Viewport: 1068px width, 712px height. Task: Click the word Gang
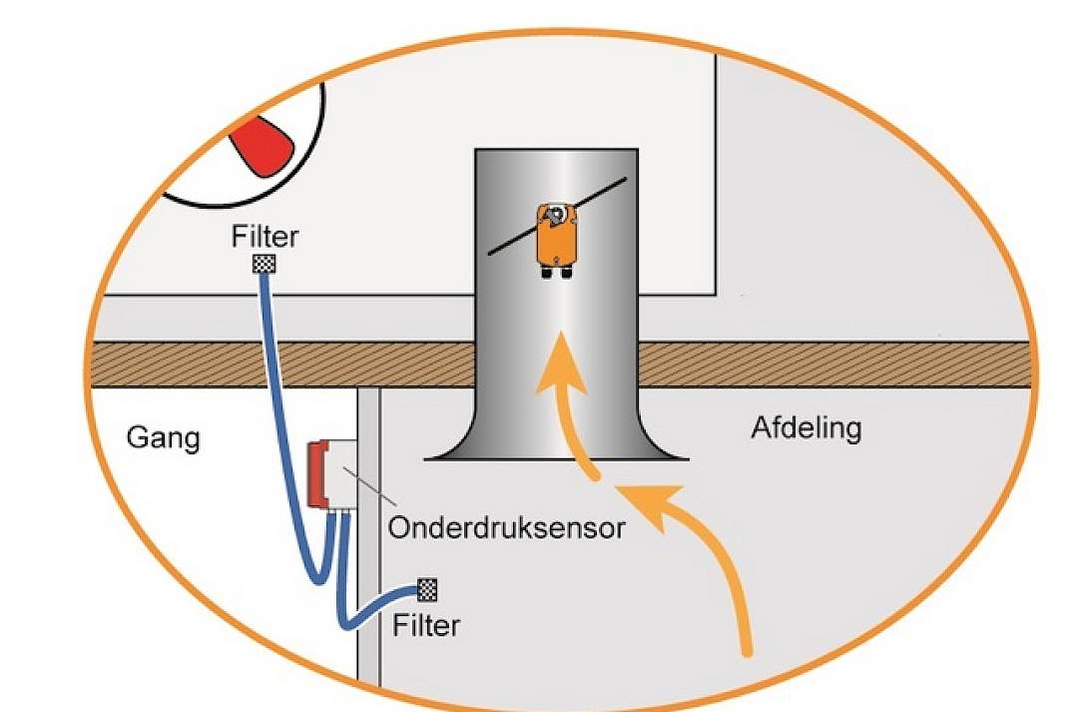click(x=164, y=438)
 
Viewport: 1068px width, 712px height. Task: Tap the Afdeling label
click(x=806, y=427)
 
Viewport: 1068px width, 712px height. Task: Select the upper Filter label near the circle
click(x=265, y=237)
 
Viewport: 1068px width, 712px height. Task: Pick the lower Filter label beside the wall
click(x=426, y=625)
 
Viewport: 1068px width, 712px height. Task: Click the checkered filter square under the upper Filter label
click(x=265, y=264)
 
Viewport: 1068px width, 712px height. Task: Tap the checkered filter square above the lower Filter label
click(x=427, y=589)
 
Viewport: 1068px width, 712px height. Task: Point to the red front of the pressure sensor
click(x=316, y=474)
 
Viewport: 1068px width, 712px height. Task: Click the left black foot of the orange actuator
click(x=548, y=273)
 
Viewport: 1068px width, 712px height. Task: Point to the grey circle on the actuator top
click(x=556, y=215)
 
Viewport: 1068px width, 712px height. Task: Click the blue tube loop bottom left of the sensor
click(x=318, y=576)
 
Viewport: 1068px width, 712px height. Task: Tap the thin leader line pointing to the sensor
click(x=370, y=485)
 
